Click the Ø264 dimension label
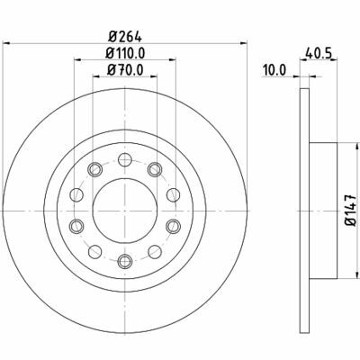tap(125, 38)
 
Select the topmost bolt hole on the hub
tap(124, 159)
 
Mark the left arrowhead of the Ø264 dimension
tap(9, 48)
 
